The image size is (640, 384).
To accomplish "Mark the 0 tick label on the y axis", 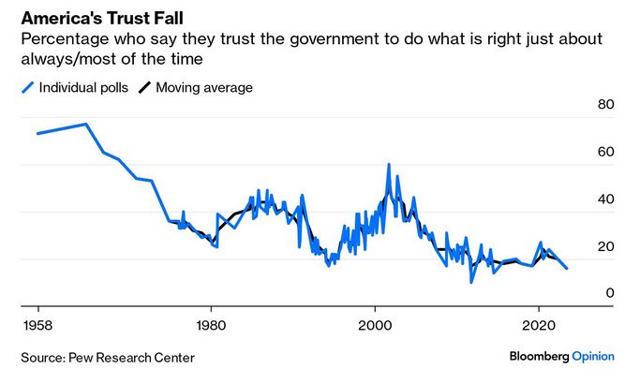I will point(609,294).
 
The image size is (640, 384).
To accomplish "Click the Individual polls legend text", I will point(83,88).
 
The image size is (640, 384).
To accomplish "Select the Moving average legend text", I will point(203,88).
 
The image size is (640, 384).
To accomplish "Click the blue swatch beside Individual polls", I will point(27,88).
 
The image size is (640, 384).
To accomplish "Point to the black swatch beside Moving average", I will point(144,88).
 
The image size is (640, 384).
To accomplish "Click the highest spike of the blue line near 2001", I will point(388,165).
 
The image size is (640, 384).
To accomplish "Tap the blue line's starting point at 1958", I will point(37,133).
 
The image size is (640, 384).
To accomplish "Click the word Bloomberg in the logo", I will point(541,357).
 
